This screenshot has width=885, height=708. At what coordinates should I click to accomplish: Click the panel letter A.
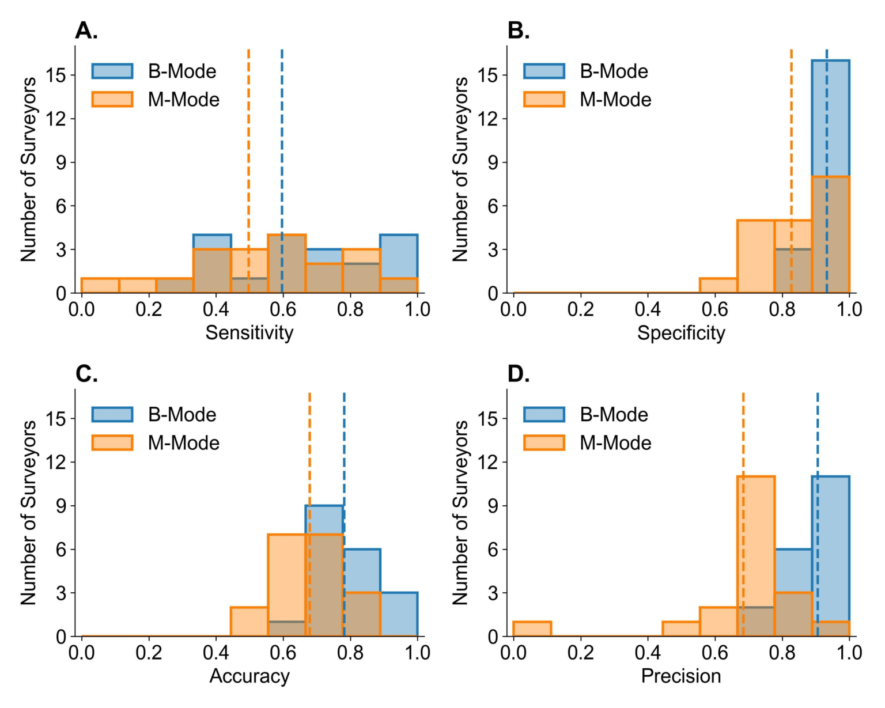(86, 31)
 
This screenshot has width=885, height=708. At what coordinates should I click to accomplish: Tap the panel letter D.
(518, 374)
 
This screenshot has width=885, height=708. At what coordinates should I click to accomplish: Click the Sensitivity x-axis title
(249, 332)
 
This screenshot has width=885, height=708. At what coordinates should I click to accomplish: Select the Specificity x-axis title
(681, 333)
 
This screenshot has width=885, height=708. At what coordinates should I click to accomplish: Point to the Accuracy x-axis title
(249, 676)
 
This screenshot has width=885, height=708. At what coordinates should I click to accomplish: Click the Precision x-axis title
(681, 676)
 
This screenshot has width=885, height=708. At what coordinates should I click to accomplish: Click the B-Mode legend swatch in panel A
(112, 71)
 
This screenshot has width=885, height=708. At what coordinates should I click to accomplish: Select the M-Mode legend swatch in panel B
(544, 99)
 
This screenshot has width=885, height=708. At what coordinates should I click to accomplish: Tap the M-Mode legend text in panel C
(183, 443)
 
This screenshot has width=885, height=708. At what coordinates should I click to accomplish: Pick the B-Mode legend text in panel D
(614, 414)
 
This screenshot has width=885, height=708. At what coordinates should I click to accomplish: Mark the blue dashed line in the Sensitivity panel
(282, 171)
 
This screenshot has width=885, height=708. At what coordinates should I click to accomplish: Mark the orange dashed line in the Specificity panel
(791, 171)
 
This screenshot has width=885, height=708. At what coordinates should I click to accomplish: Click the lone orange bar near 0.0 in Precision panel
(532, 629)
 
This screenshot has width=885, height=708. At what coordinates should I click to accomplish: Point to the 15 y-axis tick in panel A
(55, 75)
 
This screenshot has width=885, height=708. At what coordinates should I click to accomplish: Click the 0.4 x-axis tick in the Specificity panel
(648, 309)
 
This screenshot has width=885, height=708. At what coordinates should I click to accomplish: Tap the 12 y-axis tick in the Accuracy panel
(55, 462)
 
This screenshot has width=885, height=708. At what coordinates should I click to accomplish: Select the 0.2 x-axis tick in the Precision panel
(581, 653)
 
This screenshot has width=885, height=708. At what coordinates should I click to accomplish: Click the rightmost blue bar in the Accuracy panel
(399, 615)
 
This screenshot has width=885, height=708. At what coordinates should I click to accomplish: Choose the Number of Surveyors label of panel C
(28, 513)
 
